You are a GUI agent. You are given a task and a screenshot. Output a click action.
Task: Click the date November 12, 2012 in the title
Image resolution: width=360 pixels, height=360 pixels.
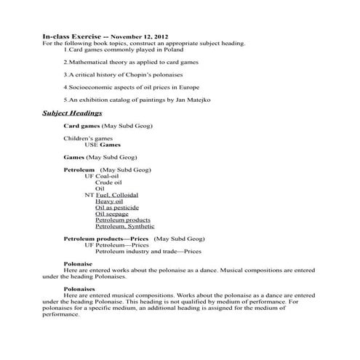tap(140, 36)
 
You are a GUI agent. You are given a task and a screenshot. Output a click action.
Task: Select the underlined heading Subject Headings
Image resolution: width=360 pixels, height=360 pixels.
tap(72, 113)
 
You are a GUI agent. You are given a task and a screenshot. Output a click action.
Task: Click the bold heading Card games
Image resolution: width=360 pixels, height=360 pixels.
tap(81, 126)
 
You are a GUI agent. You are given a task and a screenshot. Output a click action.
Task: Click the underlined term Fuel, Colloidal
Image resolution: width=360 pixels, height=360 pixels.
tap(116, 195)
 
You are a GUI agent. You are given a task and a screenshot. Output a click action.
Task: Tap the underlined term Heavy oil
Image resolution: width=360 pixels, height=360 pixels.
tap(109, 201)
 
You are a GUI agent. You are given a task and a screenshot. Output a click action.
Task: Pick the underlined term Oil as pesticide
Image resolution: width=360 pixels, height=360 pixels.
tap(117, 207)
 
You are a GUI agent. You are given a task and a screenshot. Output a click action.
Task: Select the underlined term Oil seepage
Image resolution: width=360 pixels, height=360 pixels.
tap(113, 213)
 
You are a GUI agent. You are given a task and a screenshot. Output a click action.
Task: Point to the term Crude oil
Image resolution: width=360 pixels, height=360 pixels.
tap(108, 182)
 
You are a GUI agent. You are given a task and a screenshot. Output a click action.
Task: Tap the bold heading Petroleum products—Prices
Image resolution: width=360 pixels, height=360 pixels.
tap(106, 239)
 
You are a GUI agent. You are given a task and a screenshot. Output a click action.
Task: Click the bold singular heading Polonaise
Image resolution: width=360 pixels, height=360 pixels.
tap(78, 264)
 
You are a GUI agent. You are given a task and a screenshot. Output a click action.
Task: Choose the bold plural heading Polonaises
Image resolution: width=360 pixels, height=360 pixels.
tap(79, 289)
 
